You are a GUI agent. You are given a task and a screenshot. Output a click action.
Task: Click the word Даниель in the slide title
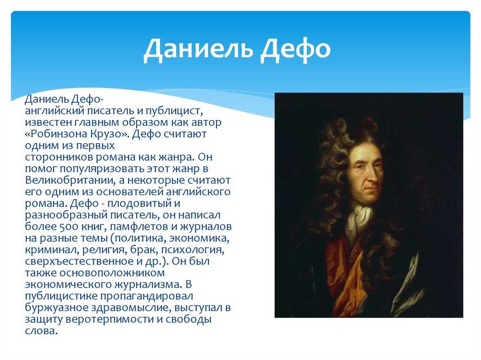tap(198, 49)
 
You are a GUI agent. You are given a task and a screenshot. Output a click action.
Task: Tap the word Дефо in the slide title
tap(295, 49)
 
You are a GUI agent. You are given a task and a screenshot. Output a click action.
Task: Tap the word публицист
tap(174, 111)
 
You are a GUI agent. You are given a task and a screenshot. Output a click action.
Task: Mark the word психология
tap(193, 250)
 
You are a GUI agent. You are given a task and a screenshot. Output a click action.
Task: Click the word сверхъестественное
tap(79, 261)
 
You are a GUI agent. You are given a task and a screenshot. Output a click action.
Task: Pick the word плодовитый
tap(139, 203)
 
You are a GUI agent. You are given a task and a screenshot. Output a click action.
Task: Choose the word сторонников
tap(59, 157)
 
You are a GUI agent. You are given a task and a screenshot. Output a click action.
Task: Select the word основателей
tap(131, 192)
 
